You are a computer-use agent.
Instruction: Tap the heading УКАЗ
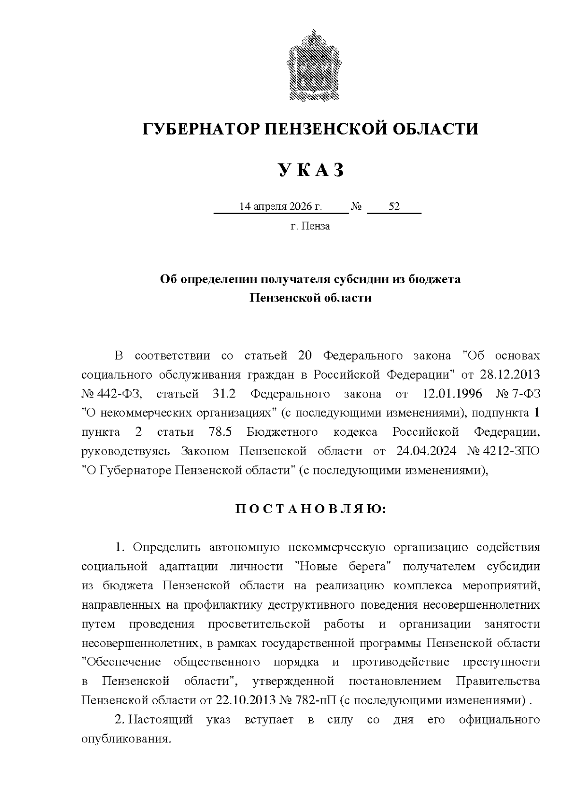(310, 170)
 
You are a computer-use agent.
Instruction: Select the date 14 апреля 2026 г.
(281, 207)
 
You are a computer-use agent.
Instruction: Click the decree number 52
(394, 207)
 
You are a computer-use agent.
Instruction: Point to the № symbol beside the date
(357, 207)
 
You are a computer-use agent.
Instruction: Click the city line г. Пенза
(310, 226)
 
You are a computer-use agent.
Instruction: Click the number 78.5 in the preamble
(219, 431)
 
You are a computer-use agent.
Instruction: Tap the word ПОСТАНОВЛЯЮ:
(310, 509)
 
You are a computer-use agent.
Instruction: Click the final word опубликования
(125, 738)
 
